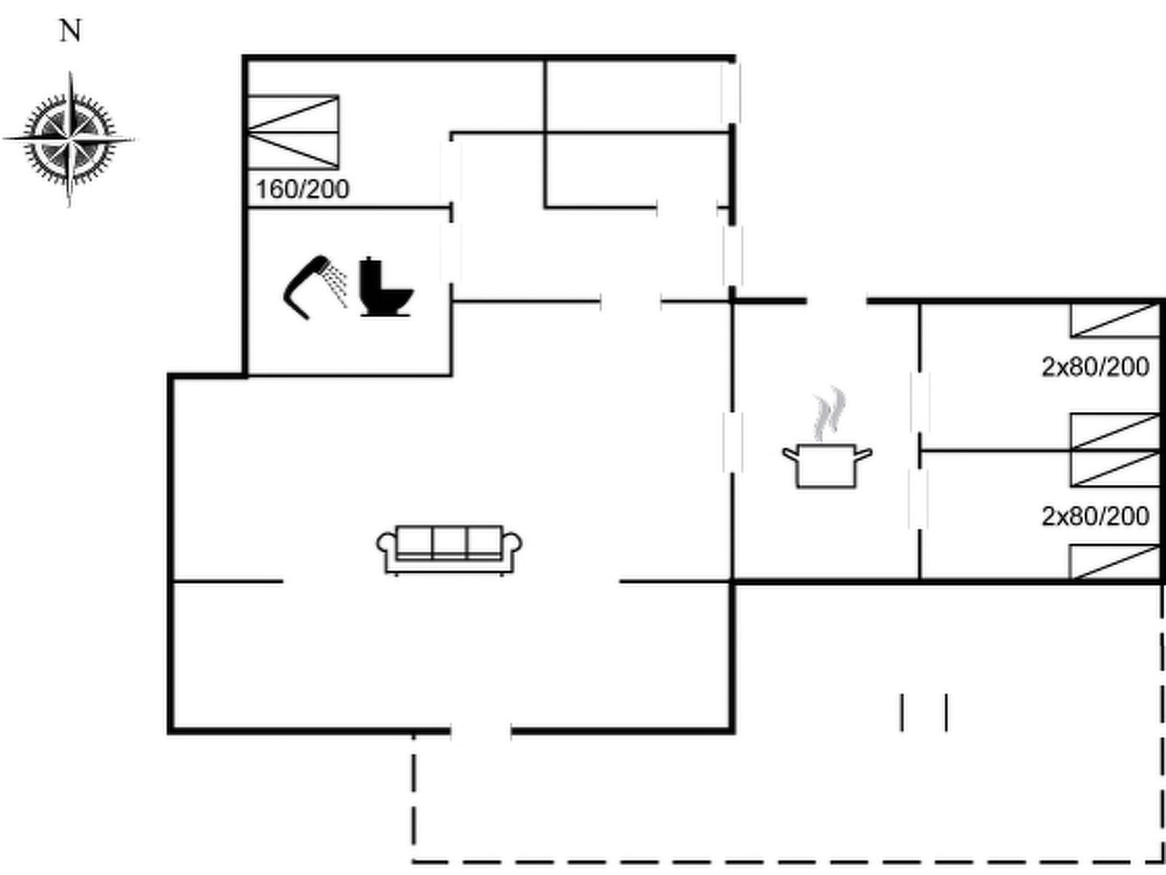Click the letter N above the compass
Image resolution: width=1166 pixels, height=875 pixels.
[70, 31]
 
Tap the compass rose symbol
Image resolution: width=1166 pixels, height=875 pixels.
[70, 139]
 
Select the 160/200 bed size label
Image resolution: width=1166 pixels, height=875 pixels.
[302, 189]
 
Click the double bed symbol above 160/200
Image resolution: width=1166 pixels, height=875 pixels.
[294, 133]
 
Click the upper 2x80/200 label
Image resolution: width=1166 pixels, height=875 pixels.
[1095, 367]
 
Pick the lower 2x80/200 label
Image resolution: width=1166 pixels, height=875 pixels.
[1095, 516]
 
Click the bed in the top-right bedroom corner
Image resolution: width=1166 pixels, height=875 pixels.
[1114, 320]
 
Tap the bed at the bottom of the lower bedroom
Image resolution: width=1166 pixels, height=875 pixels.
[1114, 562]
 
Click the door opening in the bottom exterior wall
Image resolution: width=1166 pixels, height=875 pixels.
[481, 729]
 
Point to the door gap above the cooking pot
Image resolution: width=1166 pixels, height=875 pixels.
[837, 300]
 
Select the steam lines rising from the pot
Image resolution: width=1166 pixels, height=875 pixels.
[829, 414]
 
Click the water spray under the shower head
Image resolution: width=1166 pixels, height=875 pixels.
[336, 287]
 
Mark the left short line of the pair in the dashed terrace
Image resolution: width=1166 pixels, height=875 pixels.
[902, 712]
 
